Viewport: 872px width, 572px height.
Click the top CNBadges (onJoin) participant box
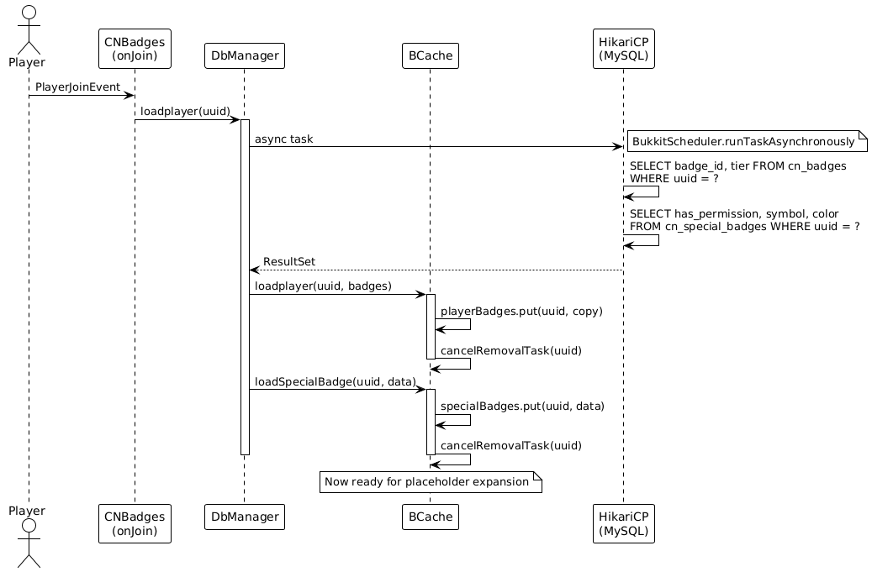coord(135,49)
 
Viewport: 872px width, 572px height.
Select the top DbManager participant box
coord(245,55)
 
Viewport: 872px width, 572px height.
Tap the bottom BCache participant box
coord(431,517)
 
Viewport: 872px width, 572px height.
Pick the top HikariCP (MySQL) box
coord(623,49)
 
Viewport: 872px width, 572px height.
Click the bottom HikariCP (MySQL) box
coord(623,523)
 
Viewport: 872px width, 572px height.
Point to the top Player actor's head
coord(29,13)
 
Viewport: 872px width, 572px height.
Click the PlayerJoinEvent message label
coord(78,87)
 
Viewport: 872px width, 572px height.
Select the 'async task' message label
coord(283,139)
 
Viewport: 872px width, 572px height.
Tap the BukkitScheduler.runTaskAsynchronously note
coord(748,142)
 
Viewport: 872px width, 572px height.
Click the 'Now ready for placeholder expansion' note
coord(431,482)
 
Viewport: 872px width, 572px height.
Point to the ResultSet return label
coord(289,261)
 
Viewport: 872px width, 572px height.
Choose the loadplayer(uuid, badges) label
coord(323,286)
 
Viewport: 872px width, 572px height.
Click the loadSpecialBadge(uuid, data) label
coord(336,381)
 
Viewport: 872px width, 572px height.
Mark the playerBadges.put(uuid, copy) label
coord(521,311)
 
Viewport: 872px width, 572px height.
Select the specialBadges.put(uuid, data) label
coord(522,406)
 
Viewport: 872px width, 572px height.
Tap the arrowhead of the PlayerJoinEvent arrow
coord(130,96)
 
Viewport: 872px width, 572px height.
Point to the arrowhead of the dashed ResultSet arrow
coord(254,270)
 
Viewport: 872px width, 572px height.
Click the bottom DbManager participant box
coord(245,517)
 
